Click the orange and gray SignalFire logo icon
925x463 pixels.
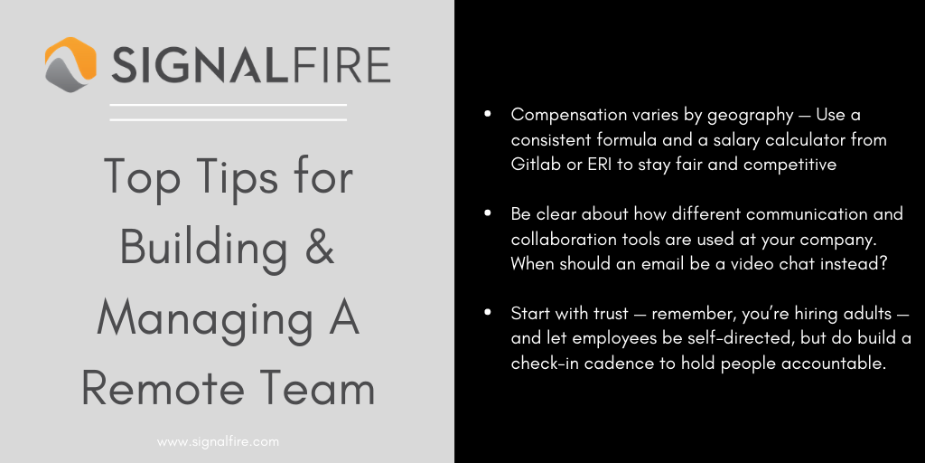(70, 65)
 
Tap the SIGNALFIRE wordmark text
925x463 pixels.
(251, 66)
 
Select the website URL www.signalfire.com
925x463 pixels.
(218, 442)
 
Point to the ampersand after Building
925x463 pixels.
(316, 247)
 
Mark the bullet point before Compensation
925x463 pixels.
(488, 115)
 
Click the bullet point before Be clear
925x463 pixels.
(488, 214)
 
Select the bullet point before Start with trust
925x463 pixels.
(488, 313)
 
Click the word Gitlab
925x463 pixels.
(536, 165)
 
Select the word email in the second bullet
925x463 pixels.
(655, 264)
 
